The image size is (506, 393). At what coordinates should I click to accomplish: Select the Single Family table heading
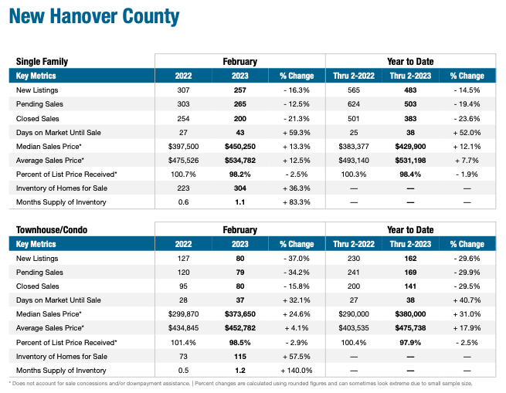tap(42, 61)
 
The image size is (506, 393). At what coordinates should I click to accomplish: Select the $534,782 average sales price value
tap(239, 161)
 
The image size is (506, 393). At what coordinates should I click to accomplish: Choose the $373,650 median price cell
tap(239, 314)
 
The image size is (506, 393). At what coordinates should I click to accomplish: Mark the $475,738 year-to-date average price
tap(410, 328)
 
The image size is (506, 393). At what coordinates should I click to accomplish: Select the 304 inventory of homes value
tap(239, 188)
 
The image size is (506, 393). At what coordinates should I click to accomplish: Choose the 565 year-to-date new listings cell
tap(353, 91)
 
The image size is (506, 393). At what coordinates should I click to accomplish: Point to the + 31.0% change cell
tap(467, 314)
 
